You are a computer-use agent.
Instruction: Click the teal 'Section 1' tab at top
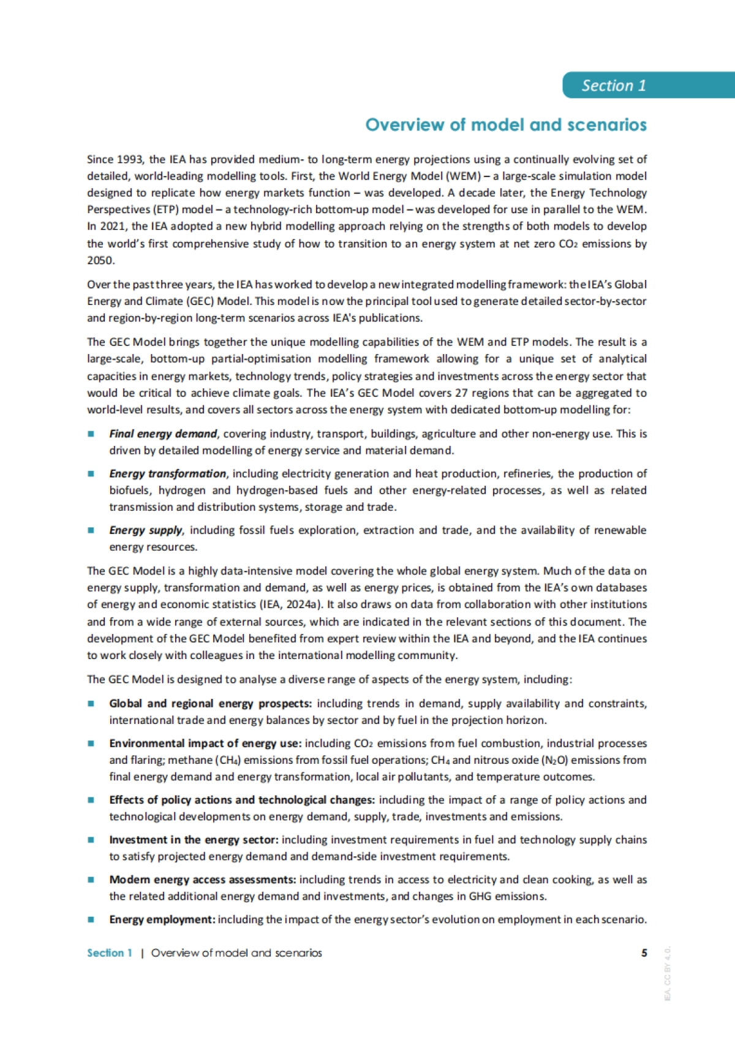coord(614,85)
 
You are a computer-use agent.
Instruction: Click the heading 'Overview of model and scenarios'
coord(506,125)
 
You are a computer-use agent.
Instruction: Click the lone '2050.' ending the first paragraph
coord(100,260)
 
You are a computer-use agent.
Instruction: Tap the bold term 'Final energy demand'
coord(163,434)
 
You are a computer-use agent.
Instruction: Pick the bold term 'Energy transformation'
coord(167,473)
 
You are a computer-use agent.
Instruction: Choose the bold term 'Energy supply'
coord(146,530)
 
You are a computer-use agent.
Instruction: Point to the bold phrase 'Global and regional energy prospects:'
coord(210,704)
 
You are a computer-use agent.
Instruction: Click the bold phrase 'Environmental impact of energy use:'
coord(205,744)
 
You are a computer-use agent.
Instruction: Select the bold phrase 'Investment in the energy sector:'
coord(194,840)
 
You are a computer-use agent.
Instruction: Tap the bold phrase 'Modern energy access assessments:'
coord(203,880)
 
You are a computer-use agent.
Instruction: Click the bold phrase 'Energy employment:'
coord(162,919)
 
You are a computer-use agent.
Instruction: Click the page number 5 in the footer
coord(644,953)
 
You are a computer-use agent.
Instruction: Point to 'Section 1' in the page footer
coord(110,953)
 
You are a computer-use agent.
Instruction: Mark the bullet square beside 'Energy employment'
coord(91,919)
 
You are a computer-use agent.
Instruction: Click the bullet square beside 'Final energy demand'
coord(91,434)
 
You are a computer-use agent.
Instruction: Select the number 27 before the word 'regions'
coord(461,393)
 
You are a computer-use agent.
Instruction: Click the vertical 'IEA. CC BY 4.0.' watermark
coord(668,973)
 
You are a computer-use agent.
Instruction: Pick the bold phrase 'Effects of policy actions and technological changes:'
coord(241,800)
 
